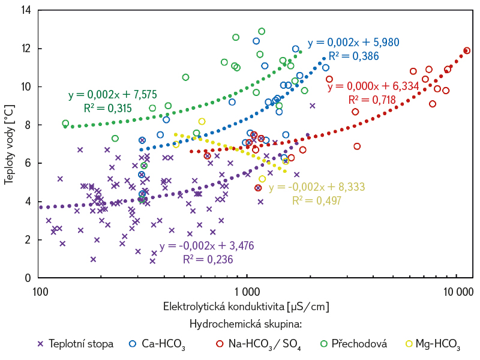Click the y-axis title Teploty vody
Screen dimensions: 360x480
(x=9, y=144)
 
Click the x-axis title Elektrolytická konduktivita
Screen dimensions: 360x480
(x=246, y=307)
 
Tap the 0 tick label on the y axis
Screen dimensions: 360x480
(x=28, y=278)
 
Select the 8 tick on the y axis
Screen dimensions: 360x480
(x=28, y=125)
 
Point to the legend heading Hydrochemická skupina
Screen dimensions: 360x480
(x=245, y=324)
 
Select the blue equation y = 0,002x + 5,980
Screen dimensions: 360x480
(x=353, y=43)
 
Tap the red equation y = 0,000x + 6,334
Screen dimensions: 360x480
(x=373, y=86)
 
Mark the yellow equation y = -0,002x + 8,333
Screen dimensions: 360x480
(x=316, y=187)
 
